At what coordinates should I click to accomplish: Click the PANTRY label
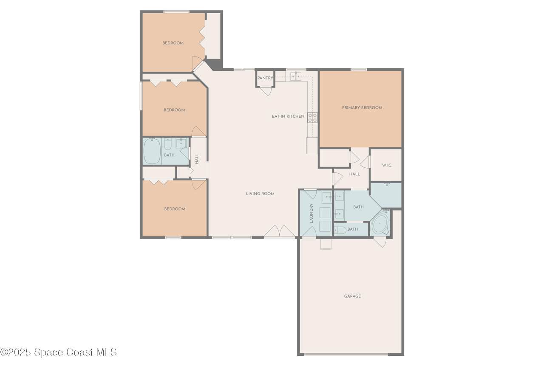(265, 78)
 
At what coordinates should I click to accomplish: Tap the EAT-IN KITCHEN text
(288, 116)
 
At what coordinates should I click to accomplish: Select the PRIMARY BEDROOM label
(362, 108)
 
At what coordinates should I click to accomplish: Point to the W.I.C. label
(387, 166)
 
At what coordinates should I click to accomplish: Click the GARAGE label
(352, 296)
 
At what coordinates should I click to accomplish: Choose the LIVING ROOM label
(260, 194)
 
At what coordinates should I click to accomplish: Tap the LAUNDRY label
(312, 213)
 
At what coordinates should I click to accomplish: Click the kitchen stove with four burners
(312, 118)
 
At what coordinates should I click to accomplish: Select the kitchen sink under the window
(296, 76)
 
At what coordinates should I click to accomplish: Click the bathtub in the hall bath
(152, 151)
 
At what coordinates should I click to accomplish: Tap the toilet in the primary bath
(340, 230)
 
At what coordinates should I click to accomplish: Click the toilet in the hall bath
(167, 144)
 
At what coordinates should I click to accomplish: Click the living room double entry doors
(279, 231)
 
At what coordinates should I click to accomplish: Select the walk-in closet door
(365, 162)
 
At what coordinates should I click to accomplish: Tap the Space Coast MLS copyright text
(59, 352)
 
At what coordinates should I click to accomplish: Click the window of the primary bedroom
(359, 70)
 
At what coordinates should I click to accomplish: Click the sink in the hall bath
(181, 143)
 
